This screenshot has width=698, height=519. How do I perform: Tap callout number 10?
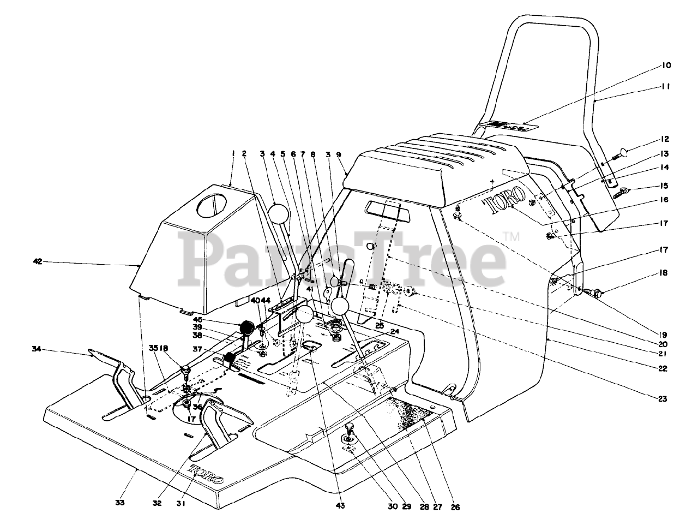(666, 65)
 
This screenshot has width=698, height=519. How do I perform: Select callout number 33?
(121, 502)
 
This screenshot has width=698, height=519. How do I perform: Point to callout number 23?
(663, 398)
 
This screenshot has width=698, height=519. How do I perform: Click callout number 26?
(456, 507)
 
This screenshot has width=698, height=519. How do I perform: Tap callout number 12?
(665, 139)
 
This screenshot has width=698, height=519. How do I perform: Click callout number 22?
(663, 368)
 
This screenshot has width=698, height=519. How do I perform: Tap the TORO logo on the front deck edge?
(206, 474)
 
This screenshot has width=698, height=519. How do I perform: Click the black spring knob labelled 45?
(247, 328)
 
